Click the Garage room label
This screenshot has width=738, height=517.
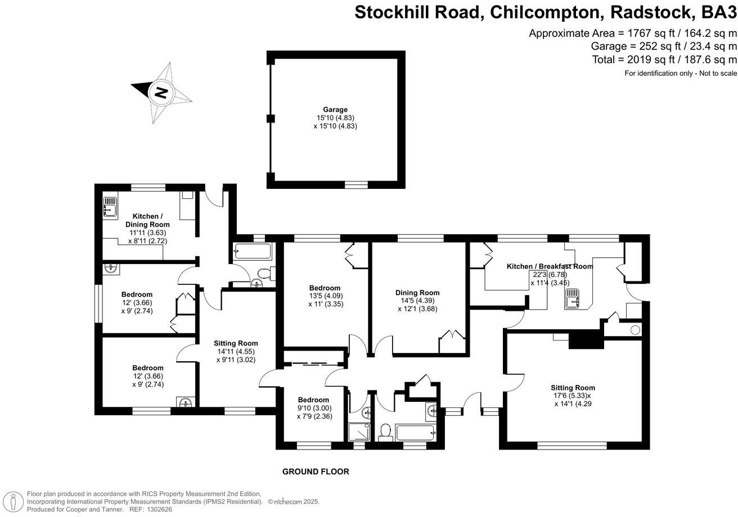coord(335,110)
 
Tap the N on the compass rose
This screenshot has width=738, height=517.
coord(161,92)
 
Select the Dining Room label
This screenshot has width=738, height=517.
coord(417,292)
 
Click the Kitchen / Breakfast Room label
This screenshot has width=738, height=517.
coord(549,266)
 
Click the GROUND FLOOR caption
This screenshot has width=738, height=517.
coord(316,471)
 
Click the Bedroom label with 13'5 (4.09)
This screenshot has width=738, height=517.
coord(325,288)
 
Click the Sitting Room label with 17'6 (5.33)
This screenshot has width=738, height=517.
coord(573,388)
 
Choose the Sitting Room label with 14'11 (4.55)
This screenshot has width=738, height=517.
coord(236,343)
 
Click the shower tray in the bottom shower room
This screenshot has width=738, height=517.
coord(358,432)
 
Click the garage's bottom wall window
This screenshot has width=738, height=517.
coord(355,183)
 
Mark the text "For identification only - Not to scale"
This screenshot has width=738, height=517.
coord(681,74)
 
